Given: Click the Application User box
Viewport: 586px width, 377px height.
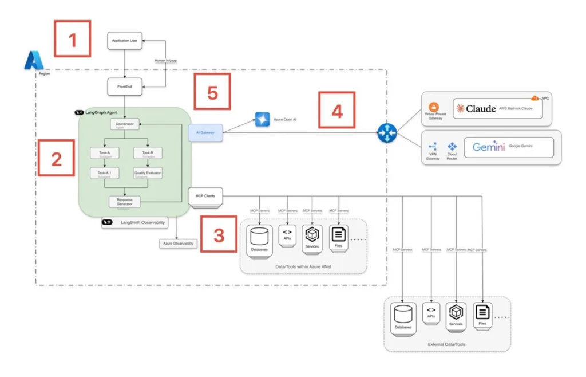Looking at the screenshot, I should [x=124, y=41].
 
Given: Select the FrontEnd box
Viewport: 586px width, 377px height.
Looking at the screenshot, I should [x=124, y=87].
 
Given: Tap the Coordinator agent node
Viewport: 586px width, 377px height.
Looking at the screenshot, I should [x=124, y=124].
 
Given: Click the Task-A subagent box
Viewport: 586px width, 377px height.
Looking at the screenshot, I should [x=104, y=154].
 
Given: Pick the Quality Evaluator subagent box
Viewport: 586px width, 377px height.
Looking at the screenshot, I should [x=148, y=174].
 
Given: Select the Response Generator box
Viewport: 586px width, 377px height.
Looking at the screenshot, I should [x=124, y=201].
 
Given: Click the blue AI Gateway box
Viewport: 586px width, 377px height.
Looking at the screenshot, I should [x=205, y=133].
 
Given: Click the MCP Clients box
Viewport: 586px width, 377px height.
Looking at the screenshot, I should [x=205, y=197].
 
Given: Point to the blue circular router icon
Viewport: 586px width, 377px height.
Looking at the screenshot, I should [x=386, y=133].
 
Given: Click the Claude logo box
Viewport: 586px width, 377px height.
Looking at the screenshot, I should [x=497, y=108].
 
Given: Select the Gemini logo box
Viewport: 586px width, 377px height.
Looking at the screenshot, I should [x=509, y=147].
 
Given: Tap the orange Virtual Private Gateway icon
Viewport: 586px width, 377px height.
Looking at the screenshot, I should [x=433, y=107].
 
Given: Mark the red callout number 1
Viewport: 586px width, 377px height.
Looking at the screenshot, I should [x=72, y=38].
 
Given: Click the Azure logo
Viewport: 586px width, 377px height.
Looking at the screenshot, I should [x=33, y=60].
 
